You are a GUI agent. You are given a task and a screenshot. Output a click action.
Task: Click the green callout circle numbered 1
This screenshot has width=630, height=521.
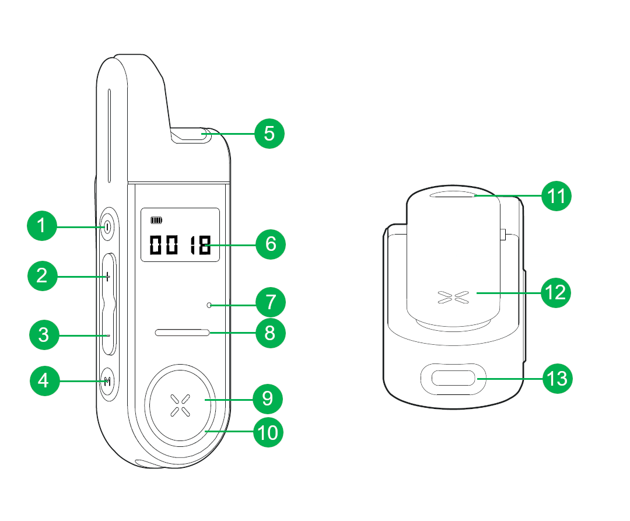(42, 225)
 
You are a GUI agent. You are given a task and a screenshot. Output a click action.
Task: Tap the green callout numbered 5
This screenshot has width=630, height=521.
(269, 134)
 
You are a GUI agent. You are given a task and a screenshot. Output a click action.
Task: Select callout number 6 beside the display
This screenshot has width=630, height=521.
(271, 244)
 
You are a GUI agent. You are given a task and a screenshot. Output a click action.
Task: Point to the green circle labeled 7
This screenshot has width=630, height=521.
(271, 303)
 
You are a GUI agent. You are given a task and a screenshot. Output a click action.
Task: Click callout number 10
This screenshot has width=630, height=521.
(268, 433)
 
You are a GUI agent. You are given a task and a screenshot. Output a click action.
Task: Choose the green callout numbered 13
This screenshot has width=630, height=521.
(558, 379)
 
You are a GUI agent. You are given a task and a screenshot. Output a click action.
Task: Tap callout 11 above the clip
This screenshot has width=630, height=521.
(556, 196)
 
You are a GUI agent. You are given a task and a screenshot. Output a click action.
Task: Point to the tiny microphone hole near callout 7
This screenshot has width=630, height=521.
(209, 305)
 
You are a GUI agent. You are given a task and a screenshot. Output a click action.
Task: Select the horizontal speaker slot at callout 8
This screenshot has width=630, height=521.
(182, 333)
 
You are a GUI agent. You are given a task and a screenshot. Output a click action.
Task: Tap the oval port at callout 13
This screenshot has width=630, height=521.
(453, 379)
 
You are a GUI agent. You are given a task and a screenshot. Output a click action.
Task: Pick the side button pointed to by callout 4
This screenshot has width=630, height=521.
(107, 382)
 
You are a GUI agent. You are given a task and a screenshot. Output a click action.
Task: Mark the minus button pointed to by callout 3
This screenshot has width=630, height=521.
(108, 335)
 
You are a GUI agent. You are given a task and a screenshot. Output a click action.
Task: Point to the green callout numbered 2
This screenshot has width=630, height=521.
(42, 275)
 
